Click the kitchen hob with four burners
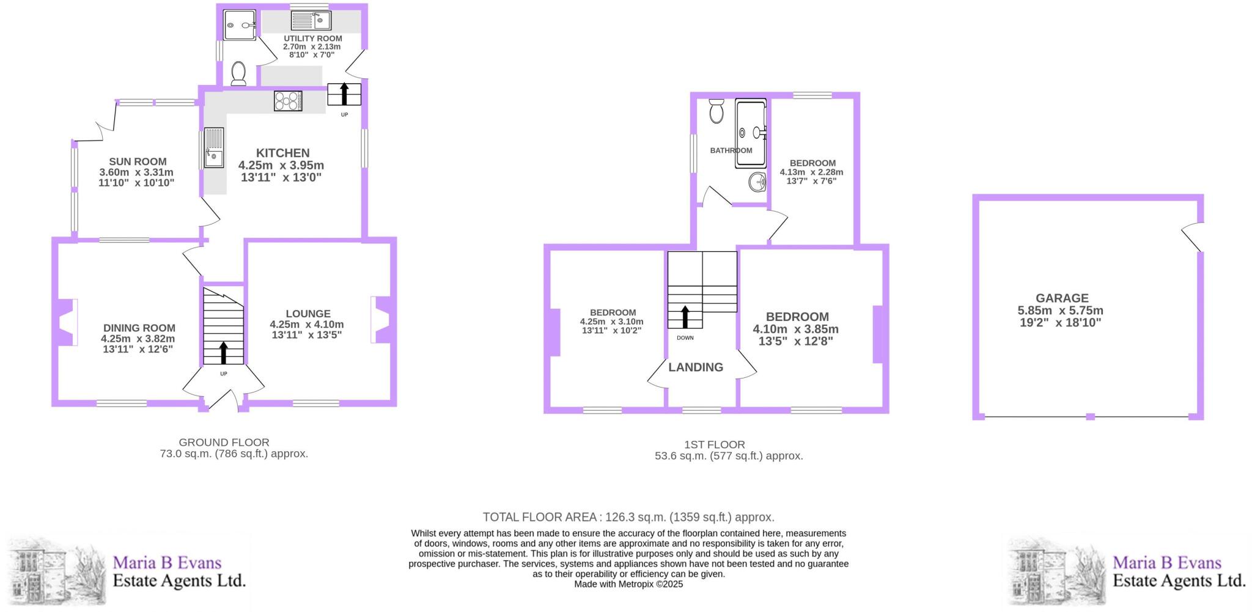coord(288,101)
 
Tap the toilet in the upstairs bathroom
coord(716,111)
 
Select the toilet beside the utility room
coord(238,74)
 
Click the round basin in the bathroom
coord(757,182)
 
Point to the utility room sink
coord(311,21)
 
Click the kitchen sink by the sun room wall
coord(214,147)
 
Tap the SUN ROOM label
coord(138,162)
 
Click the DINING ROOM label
coord(139,328)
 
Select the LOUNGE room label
coord(307,314)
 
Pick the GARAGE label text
coord(1062,298)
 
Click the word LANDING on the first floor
coord(696,367)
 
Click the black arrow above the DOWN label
coord(685,317)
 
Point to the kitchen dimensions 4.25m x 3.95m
coord(281,165)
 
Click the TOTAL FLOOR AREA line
coord(628,517)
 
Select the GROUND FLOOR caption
coord(224,442)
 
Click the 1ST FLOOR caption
coord(715,444)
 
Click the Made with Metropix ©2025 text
coord(628,584)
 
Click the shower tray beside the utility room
coord(240,25)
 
